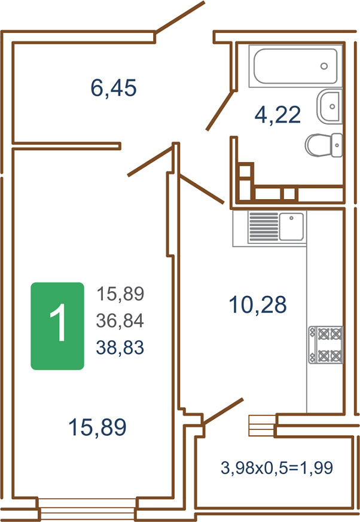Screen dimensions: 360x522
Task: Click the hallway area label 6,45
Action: [x=114, y=88]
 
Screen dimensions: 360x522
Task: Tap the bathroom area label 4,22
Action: [x=277, y=115]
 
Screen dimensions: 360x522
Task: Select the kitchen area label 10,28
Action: [x=257, y=304]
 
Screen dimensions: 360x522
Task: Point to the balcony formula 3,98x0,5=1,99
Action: [x=277, y=468]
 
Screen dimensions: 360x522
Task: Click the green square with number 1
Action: [x=57, y=326]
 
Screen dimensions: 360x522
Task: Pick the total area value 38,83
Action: [x=120, y=347]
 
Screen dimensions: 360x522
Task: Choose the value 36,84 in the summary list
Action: [x=120, y=320]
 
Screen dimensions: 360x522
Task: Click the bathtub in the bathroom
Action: [x=295, y=66]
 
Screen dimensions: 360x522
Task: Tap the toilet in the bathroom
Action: [x=324, y=145]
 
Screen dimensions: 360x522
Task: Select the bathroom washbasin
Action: [x=329, y=106]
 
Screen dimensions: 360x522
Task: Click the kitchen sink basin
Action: [x=291, y=227]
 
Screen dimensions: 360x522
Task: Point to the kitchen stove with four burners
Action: [x=326, y=344]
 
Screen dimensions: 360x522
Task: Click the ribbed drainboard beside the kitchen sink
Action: [x=264, y=227]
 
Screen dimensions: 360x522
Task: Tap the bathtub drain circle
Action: [x=324, y=66]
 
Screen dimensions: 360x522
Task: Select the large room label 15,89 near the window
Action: [x=97, y=428]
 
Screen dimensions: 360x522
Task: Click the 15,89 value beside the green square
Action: [x=120, y=294]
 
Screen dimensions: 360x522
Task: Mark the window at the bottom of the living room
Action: [x=87, y=509]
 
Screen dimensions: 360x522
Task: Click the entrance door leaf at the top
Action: [x=180, y=17]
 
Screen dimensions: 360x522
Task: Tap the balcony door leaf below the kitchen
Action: [x=223, y=412]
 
